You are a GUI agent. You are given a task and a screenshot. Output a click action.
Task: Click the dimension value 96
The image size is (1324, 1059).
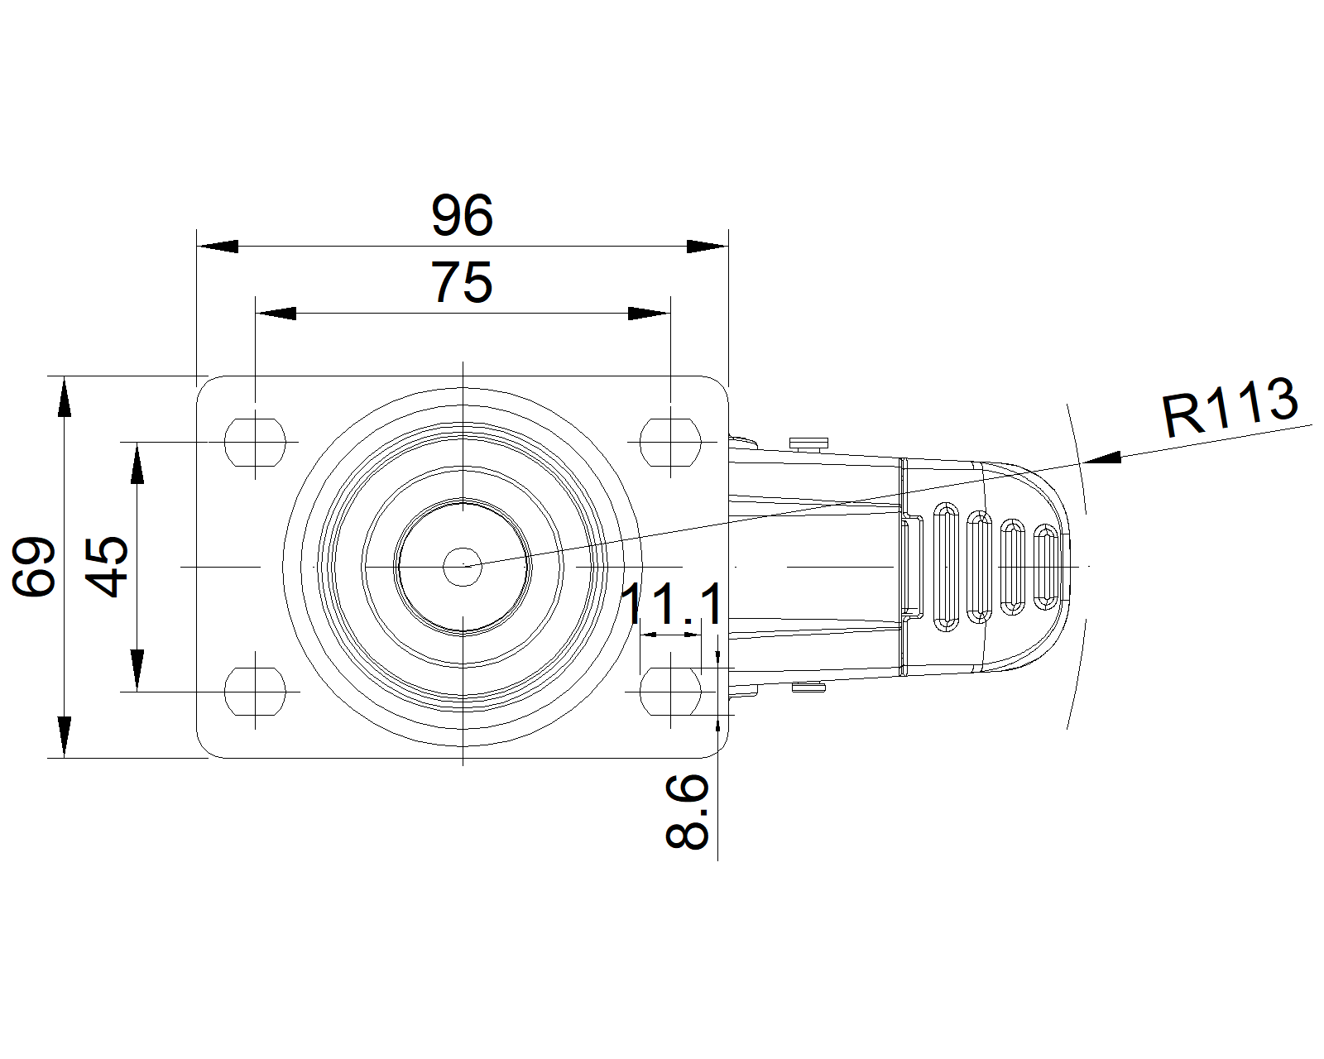462,215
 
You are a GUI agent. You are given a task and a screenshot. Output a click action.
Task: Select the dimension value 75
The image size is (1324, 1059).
462,282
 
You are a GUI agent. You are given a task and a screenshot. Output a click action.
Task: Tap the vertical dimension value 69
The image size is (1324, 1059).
35,566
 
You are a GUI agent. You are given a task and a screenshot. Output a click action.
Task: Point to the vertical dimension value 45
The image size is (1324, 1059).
107,566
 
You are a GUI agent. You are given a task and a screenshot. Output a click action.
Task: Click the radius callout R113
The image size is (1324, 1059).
1230,407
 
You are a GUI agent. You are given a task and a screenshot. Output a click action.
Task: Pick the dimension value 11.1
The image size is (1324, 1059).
673,604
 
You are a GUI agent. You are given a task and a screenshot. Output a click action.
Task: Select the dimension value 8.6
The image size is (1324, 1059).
687,812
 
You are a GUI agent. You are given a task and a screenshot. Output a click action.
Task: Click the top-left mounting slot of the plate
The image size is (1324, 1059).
256,443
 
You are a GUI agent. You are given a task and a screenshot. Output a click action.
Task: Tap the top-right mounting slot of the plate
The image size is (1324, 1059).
670,443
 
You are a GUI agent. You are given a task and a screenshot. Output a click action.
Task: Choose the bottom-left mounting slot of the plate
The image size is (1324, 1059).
256,692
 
